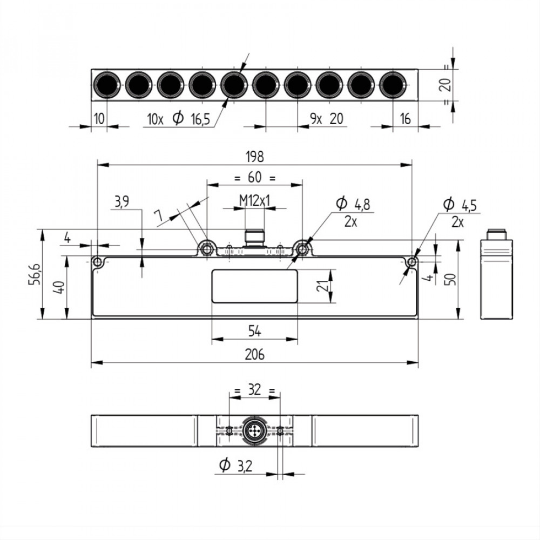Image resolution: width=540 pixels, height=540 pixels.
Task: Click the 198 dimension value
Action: [x=254, y=157]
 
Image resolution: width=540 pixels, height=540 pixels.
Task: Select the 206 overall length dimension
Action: [x=254, y=354]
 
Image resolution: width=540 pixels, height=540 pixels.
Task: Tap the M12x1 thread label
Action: [x=254, y=201]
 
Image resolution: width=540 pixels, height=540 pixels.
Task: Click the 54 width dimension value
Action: [x=254, y=329]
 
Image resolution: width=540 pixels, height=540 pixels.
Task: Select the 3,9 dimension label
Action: [x=121, y=202]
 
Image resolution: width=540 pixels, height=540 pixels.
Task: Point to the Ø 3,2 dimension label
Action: [x=237, y=465]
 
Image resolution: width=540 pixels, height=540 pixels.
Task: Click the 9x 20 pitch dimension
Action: [x=327, y=119]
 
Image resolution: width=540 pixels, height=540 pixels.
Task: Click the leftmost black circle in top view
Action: [x=107, y=85]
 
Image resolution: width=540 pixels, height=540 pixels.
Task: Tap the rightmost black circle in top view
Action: [x=393, y=85]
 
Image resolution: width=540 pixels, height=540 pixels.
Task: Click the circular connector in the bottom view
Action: [x=254, y=431]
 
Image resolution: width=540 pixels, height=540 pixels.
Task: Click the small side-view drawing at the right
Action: [x=497, y=275]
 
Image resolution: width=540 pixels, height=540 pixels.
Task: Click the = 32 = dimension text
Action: [x=254, y=390]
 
